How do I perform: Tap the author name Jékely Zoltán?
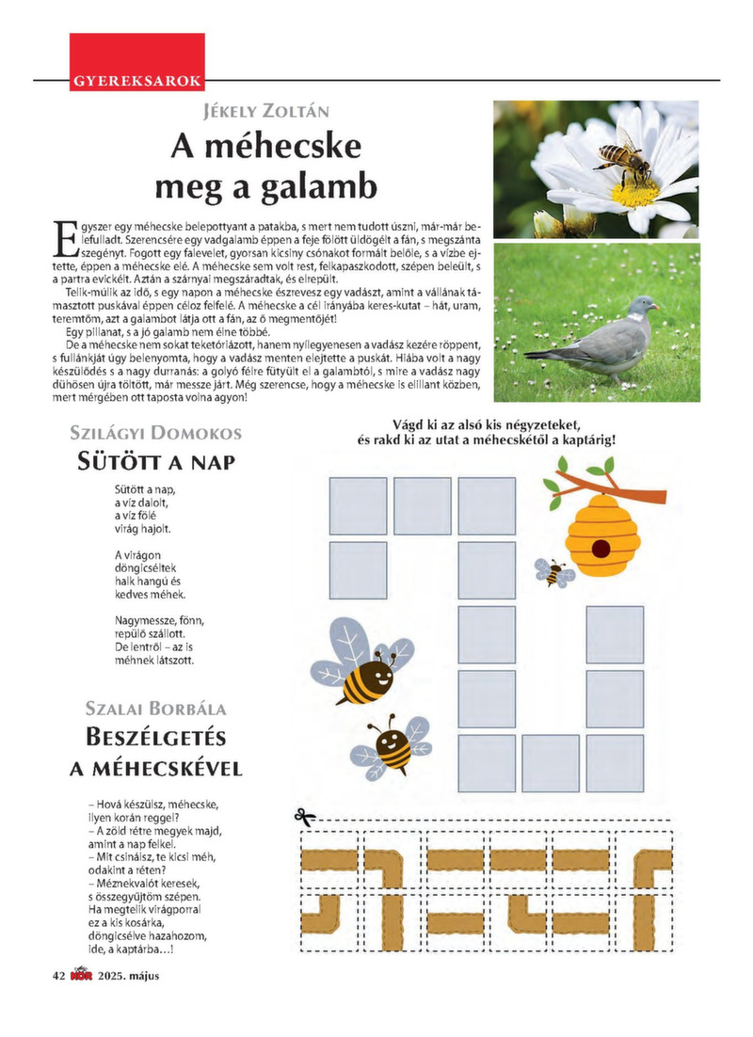click(266, 113)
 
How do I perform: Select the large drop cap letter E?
click(66, 238)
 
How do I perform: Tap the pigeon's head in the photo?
click(642, 306)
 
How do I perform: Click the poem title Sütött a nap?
click(155, 463)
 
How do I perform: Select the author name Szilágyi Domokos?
click(156, 434)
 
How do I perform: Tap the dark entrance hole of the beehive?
click(599, 548)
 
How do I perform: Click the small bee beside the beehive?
click(554, 571)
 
